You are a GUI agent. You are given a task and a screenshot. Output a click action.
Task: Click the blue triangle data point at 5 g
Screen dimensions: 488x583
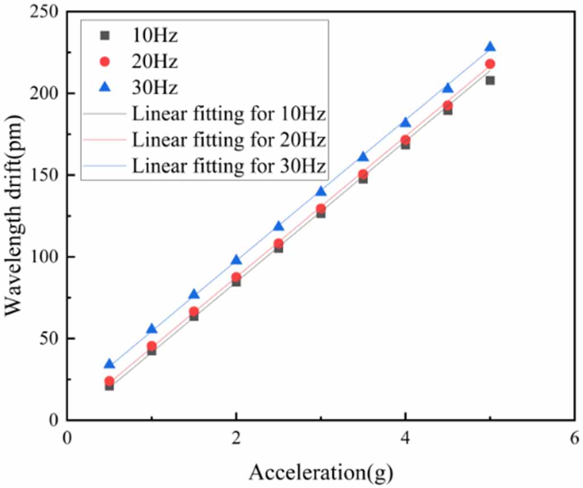[x=490, y=47]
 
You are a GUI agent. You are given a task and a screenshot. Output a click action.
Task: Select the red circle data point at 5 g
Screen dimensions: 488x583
[x=490, y=64]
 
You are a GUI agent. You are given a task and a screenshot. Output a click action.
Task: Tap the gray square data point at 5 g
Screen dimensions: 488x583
[x=490, y=80]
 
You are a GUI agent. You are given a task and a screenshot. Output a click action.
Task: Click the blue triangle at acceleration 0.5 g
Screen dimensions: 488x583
[x=109, y=365]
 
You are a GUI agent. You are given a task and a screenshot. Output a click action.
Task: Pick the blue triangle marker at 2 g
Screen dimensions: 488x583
[x=236, y=260]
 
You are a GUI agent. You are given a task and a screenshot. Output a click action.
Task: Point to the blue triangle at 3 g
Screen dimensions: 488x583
[x=321, y=192]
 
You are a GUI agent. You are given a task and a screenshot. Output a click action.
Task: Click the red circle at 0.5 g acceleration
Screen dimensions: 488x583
[x=109, y=381]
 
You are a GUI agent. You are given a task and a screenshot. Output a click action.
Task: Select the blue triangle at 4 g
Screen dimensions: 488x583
[x=405, y=123]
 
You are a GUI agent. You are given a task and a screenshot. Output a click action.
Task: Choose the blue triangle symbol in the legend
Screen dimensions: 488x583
[x=104, y=87]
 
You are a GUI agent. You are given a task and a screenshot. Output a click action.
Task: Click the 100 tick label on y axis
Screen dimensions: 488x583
[x=45, y=257]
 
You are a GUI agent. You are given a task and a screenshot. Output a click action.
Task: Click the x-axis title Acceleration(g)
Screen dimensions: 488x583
[x=321, y=471]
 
